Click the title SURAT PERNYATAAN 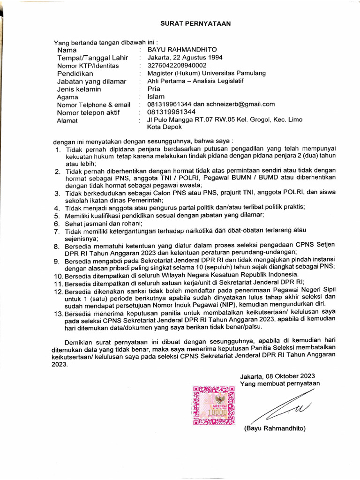195,23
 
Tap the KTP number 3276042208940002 177,66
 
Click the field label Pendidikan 75,74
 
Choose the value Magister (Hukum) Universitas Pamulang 206,73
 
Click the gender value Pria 154,89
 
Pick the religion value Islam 156,97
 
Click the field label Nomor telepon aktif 88,112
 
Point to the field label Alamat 68,120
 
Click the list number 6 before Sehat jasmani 56,224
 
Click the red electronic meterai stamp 214,405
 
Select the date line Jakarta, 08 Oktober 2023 277,376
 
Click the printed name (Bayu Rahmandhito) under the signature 274,429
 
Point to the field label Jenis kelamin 79,89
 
